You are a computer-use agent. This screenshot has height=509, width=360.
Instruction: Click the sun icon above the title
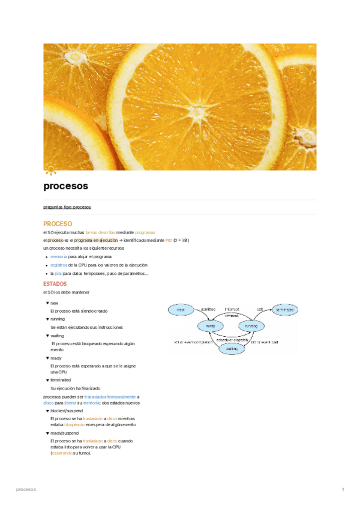point(50,169)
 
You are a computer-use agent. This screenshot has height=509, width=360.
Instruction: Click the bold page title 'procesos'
point(66,186)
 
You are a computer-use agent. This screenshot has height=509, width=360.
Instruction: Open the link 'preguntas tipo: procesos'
point(67,206)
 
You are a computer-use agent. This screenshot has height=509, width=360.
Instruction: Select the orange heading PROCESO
point(58,224)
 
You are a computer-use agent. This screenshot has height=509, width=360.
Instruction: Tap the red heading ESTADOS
point(55,283)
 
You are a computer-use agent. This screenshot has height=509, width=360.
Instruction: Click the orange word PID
point(169,240)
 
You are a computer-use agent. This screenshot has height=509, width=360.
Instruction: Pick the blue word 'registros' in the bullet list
point(59,265)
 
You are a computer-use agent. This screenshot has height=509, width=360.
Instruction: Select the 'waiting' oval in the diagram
point(232,348)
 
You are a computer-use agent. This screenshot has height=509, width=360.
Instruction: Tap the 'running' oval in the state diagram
point(250,325)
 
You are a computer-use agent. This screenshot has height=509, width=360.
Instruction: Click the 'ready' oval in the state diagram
point(210,325)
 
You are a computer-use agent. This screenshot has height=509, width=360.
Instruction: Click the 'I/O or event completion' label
point(194,342)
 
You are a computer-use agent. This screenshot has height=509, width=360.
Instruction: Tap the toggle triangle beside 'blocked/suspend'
point(47,411)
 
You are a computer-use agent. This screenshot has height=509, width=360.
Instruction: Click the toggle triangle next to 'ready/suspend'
point(47,433)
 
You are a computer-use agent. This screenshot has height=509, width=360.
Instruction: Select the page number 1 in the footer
point(342,490)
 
